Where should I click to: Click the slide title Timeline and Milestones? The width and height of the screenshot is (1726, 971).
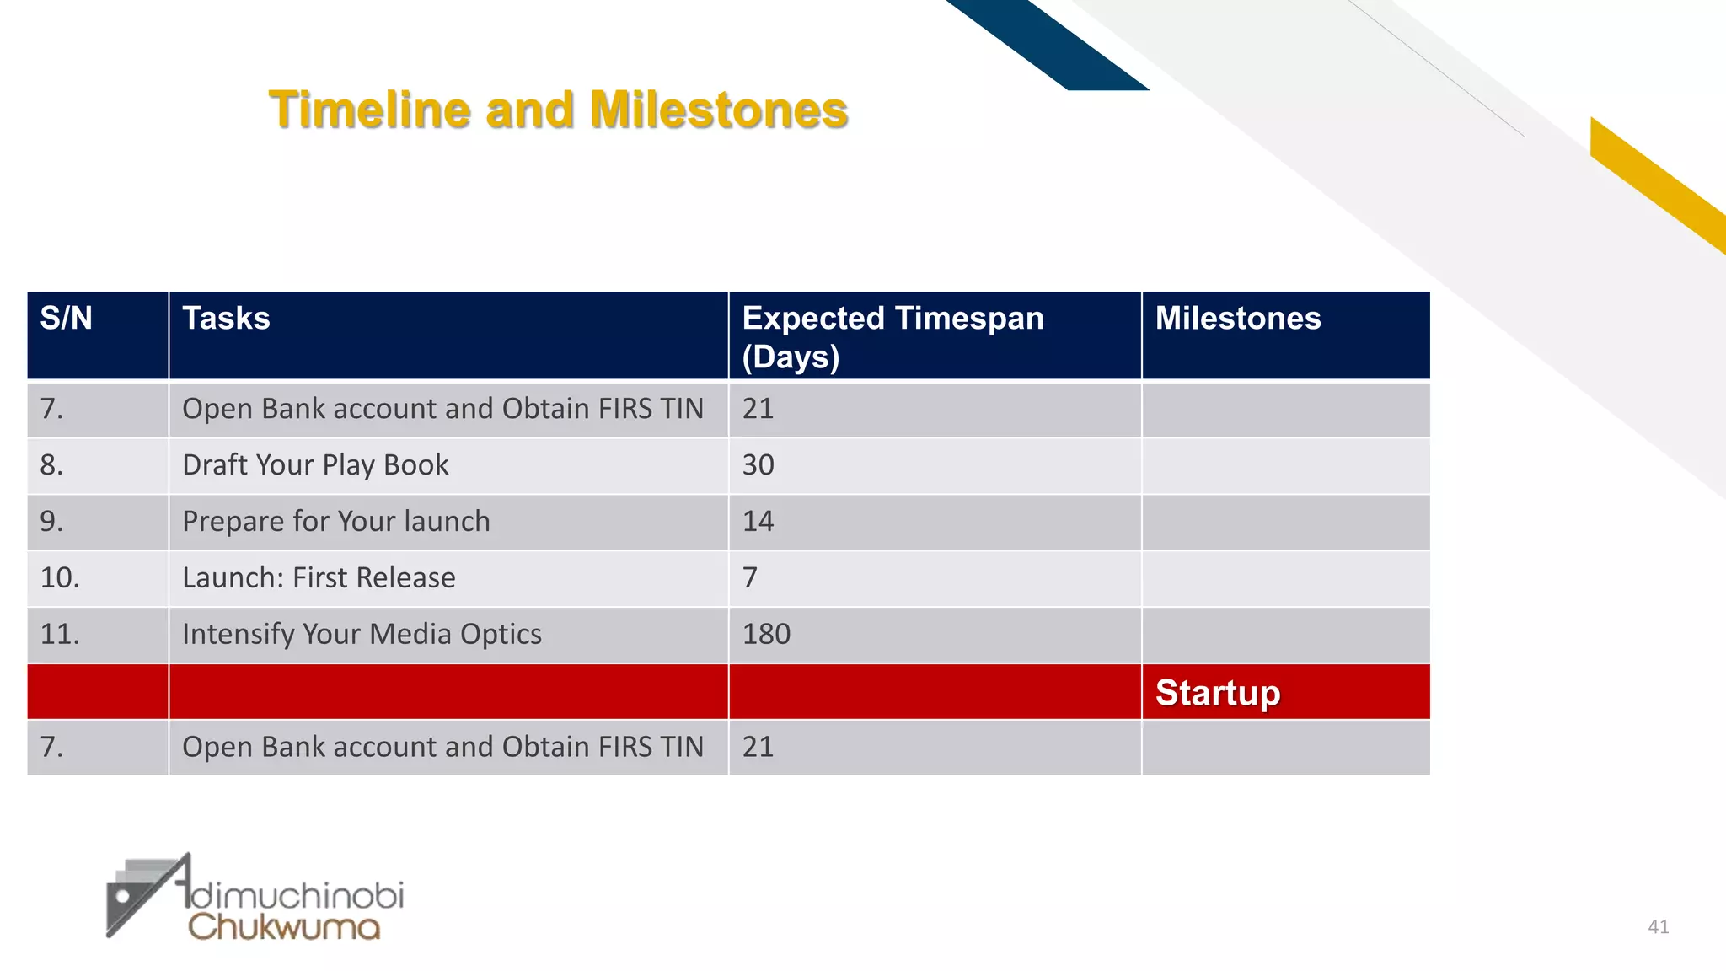[x=558, y=110]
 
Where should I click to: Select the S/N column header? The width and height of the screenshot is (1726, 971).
[x=66, y=319]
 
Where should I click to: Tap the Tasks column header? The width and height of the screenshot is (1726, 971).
[x=226, y=319]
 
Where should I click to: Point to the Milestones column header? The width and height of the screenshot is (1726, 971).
[x=1237, y=319]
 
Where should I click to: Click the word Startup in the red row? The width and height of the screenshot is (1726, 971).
[x=1217, y=693]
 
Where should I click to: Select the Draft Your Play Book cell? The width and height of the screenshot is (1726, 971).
[x=315, y=465]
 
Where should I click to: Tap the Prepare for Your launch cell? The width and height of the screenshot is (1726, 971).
[x=335, y=522]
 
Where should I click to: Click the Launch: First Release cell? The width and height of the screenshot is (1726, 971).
[x=319, y=578]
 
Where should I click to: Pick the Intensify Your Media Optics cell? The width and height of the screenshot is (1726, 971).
[x=362, y=635]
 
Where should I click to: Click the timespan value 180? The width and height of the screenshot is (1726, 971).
[x=765, y=635]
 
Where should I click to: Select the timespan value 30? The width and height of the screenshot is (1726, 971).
[x=758, y=465]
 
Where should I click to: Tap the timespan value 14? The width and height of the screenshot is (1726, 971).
[x=758, y=522]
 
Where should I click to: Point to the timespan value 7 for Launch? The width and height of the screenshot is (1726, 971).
[x=750, y=578]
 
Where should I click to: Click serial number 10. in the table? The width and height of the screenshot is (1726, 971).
[x=60, y=578]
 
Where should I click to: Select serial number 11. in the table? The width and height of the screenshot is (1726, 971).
[x=60, y=635]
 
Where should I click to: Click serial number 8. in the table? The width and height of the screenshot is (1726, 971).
[x=51, y=465]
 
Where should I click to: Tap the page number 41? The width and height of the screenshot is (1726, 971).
[x=1658, y=927]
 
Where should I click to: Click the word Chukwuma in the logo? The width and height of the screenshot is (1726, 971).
[x=284, y=928]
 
